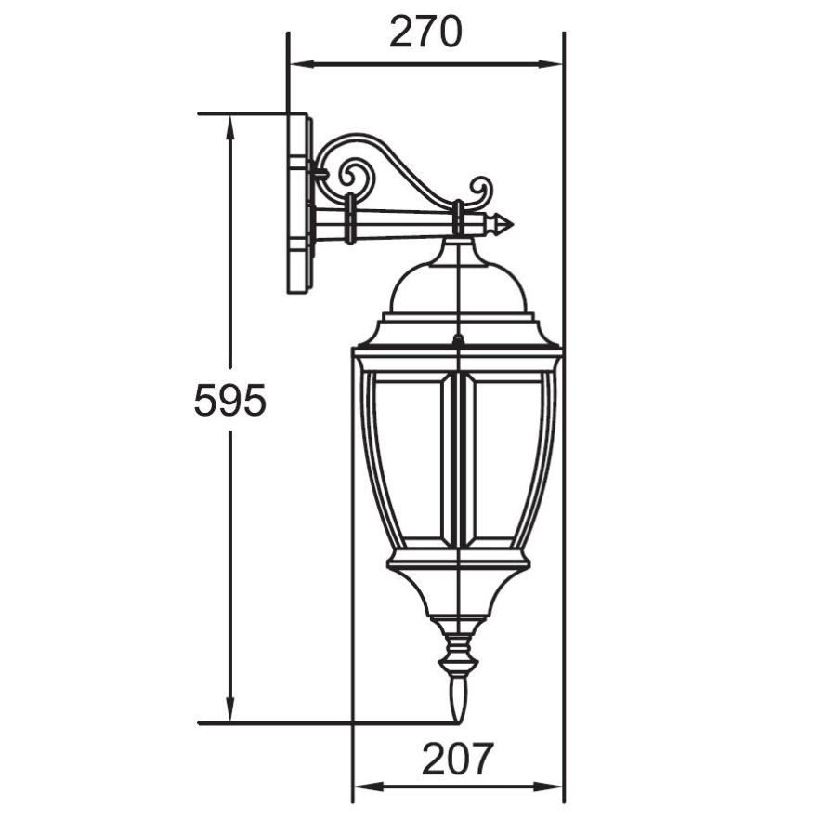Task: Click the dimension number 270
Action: (425, 32)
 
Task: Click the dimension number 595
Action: (229, 400)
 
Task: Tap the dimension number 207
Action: (457, 759)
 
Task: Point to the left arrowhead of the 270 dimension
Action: (302, 64)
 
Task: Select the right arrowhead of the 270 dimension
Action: (551, 64)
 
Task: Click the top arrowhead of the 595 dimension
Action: (230, 128)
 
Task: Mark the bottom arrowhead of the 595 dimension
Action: (230, 709)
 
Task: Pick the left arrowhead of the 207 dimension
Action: (368, 787)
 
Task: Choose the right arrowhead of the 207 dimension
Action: (550, 787)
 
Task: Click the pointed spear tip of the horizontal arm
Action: (503, 225)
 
